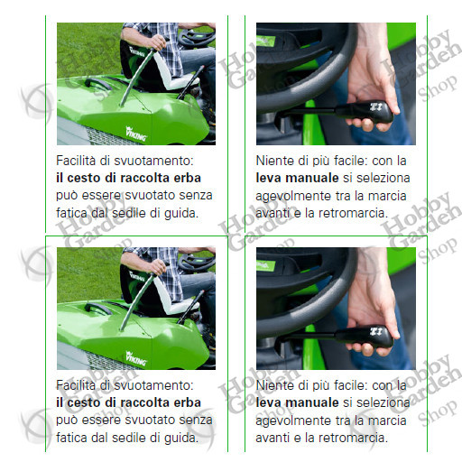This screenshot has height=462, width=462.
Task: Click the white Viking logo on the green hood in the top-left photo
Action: tap(136, 134)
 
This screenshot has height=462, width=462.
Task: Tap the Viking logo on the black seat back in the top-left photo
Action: tap(137, 51)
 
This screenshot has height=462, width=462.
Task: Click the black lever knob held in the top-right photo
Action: tap(365, 112)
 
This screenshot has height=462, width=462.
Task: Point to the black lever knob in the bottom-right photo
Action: tap(365, 337)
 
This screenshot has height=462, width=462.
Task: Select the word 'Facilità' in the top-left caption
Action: tap(76, 161)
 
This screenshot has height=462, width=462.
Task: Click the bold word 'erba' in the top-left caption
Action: tap(189, 178)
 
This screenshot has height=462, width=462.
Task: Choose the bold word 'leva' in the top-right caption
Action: tap(268, 178)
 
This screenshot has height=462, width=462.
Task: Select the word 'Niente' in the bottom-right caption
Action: tap(274, 385)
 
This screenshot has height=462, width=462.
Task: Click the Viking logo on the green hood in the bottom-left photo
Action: tap(136, 358)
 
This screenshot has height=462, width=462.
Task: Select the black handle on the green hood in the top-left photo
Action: tap(97, 83)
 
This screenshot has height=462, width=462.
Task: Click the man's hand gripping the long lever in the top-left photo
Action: tap(156, 43)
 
